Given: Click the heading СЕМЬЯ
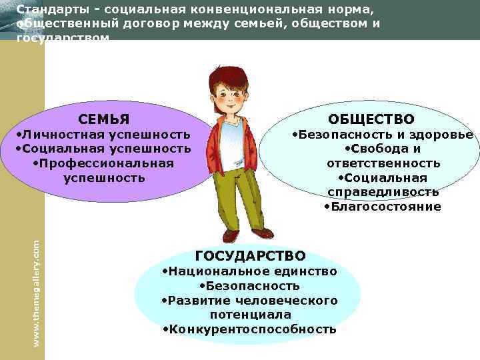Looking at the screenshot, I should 104,120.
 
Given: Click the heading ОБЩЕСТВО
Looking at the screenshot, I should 381,119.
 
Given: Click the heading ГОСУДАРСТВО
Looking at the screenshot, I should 250,256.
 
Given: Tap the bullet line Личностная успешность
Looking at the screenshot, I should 103,135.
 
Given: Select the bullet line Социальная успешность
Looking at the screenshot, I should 103,149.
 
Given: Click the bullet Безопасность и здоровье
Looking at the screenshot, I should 383,135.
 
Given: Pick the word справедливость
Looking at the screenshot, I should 383,192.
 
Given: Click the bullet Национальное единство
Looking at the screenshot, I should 250,271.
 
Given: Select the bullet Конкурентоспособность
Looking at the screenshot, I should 250,329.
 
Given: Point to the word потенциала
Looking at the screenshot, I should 250,315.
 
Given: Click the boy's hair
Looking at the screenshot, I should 227,77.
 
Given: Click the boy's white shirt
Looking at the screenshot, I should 231,143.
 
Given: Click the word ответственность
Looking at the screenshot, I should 383,163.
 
